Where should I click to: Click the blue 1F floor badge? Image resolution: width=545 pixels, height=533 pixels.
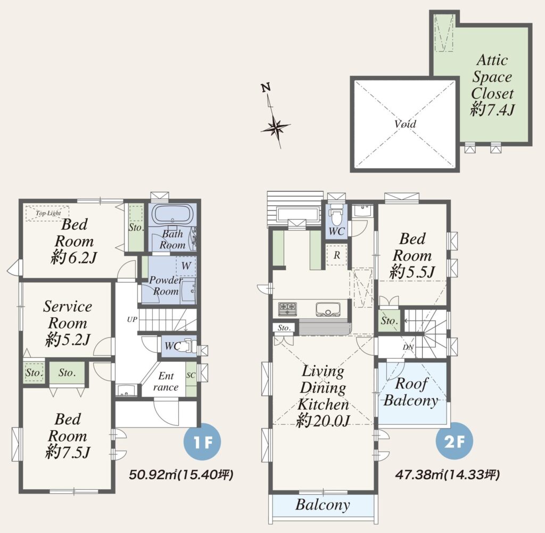[x=202, y=442]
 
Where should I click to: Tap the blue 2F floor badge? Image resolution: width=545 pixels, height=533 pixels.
[x=455, y=441]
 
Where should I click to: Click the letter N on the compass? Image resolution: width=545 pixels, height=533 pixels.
[x=266, y=87]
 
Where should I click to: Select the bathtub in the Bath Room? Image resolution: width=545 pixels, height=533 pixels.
[x=172, y=213]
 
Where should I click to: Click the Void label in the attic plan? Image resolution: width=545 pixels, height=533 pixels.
[x=405, y=124]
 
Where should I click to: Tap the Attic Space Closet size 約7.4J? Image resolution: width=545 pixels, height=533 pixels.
[x=492, y=110]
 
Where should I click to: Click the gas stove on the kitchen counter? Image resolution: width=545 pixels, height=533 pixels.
[x=287, y=308]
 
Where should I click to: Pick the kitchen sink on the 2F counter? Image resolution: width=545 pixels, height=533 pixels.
[x=328, y=309]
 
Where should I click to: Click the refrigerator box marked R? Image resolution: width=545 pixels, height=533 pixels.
[x=336, y=255]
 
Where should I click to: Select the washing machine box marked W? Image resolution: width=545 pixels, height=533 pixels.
[x=186, y=266]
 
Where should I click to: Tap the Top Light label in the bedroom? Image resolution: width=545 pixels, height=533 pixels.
[x=48, y=213]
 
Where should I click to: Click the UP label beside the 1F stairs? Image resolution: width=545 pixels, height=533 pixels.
[x=132, y=319]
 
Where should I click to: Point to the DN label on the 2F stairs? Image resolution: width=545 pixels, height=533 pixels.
[x=408, y=347]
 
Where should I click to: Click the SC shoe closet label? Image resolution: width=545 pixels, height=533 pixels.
[x=191, y=375]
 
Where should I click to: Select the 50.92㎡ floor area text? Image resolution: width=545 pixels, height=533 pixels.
[x=181, y=474]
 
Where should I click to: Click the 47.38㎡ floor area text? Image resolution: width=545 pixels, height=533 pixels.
[x=448, y=474]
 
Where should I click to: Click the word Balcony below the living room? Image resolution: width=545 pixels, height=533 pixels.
[x=323, y=504]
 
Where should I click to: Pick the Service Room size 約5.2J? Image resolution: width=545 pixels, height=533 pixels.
[x=68, y=340]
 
